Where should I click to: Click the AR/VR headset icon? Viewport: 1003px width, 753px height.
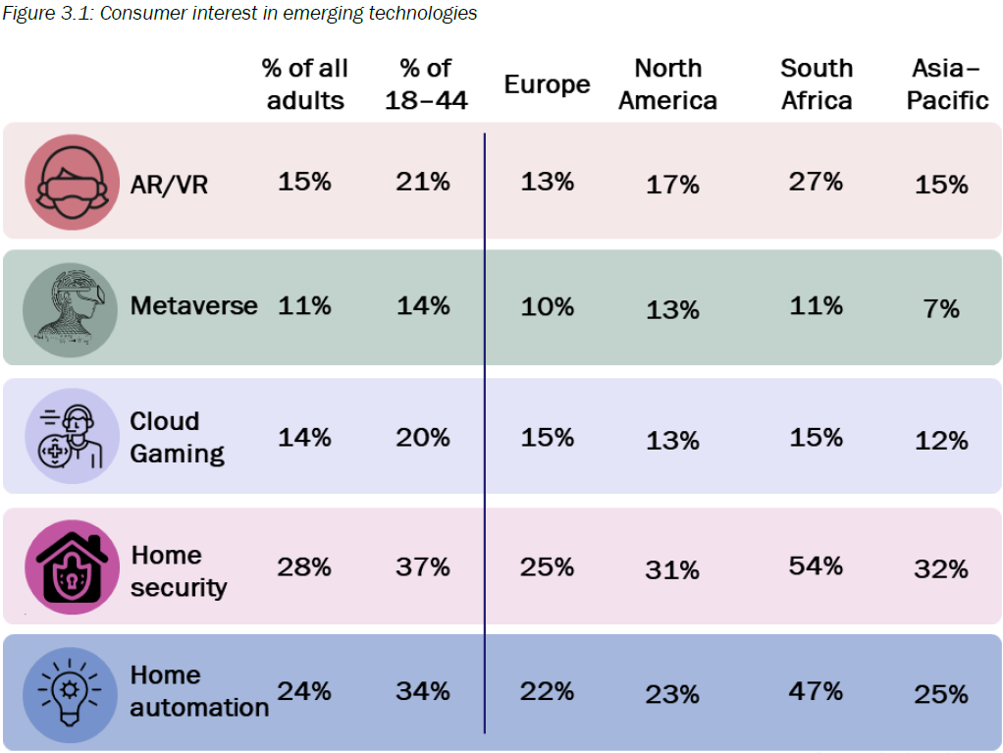(72, 183)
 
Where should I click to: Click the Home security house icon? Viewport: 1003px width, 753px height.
(72, 566)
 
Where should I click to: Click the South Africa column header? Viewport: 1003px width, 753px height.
(817, 84)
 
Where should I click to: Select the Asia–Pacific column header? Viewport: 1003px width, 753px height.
(947, 84)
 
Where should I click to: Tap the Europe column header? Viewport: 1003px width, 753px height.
(547, 84)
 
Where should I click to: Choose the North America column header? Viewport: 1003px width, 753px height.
(668, 84)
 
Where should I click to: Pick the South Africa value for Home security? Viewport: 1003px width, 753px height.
(816, 565)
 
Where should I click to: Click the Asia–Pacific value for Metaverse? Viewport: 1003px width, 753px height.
(941, 309)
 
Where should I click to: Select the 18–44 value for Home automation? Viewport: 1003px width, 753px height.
(423, 691)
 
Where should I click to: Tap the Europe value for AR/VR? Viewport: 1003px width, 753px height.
(548, 182)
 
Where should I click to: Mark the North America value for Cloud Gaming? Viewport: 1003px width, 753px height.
(672, 441)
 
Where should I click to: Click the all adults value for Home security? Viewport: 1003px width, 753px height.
(304, 566)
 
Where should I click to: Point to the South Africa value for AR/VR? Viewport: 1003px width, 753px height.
(816, 182)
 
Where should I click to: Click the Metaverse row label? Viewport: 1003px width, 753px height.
(193, 305)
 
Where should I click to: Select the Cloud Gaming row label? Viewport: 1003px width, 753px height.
(177, 437)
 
